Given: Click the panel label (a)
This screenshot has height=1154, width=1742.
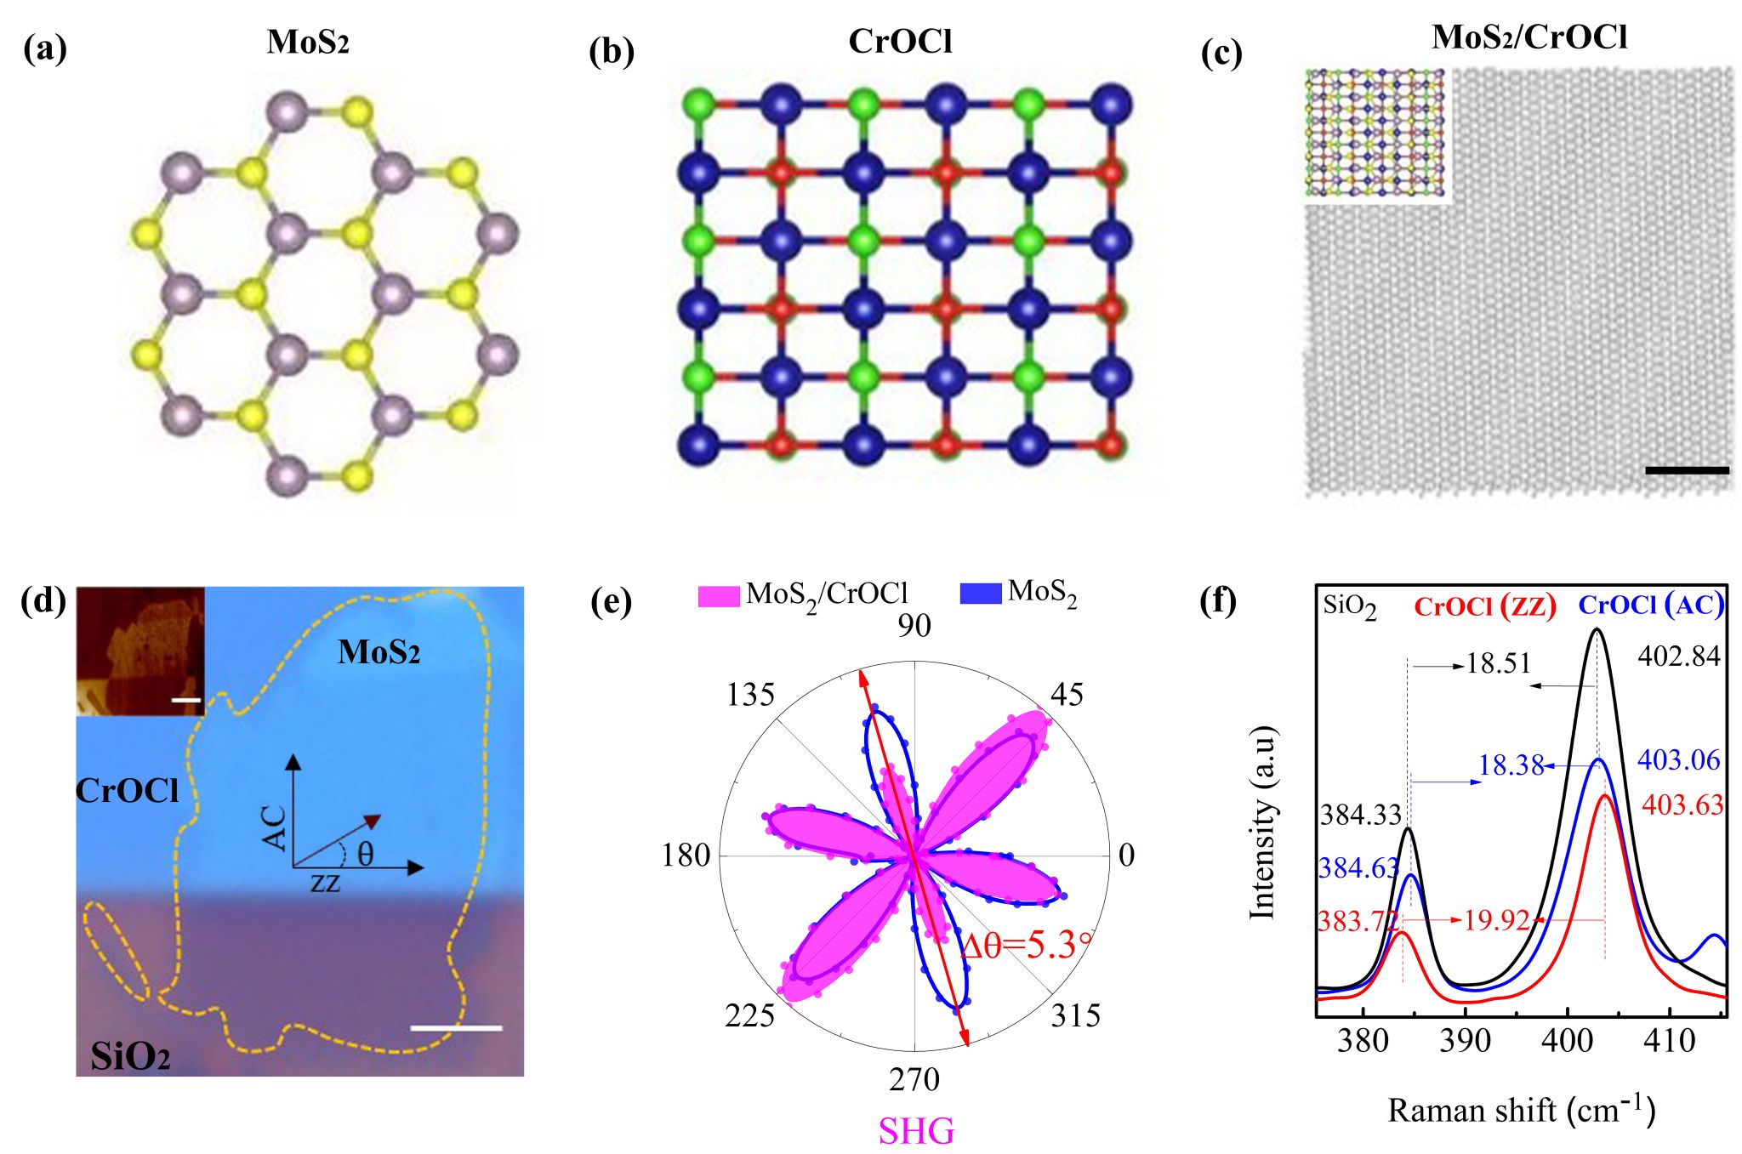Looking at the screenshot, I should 45,48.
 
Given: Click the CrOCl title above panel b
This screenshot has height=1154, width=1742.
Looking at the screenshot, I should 900,41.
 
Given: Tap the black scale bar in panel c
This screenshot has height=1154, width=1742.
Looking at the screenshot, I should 1687,469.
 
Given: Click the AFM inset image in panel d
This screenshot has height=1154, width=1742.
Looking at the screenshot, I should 140,651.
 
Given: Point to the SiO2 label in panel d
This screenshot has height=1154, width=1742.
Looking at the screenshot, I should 130,1056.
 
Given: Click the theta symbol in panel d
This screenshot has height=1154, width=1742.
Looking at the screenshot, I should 365,853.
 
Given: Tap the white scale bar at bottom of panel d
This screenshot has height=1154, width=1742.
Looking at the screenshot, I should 456,1028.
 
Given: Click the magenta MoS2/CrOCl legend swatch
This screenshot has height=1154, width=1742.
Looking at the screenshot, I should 719,595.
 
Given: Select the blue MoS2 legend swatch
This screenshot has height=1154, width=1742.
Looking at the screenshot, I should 980,593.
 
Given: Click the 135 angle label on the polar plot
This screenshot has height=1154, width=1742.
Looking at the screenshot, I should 749,695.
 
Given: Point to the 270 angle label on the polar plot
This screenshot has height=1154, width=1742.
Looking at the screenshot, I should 914,1079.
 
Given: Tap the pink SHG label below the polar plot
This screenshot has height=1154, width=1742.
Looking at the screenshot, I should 916,1131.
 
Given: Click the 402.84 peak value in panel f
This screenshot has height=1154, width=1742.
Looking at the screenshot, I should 1678,657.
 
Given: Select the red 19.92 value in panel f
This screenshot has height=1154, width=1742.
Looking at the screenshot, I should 1496,920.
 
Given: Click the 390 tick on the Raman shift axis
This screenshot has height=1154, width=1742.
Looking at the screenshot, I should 1465,1041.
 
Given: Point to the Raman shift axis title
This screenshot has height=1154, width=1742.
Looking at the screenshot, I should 1521,1110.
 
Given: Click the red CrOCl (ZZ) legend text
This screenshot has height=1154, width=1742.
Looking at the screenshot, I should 1484,606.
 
